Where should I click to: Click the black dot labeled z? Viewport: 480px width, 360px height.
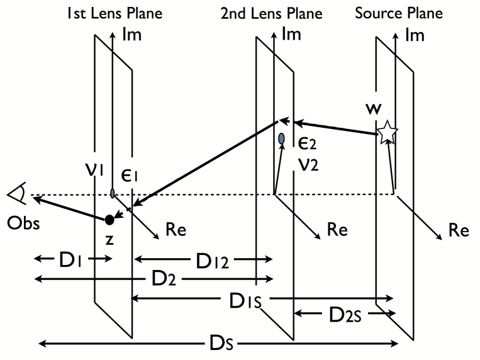(x=109, y=219)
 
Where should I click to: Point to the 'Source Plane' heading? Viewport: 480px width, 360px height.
(x=408, y=13)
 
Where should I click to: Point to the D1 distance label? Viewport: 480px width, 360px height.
(x=74, y=259)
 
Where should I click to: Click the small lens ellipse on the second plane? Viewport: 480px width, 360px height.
(x=281, y=138)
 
